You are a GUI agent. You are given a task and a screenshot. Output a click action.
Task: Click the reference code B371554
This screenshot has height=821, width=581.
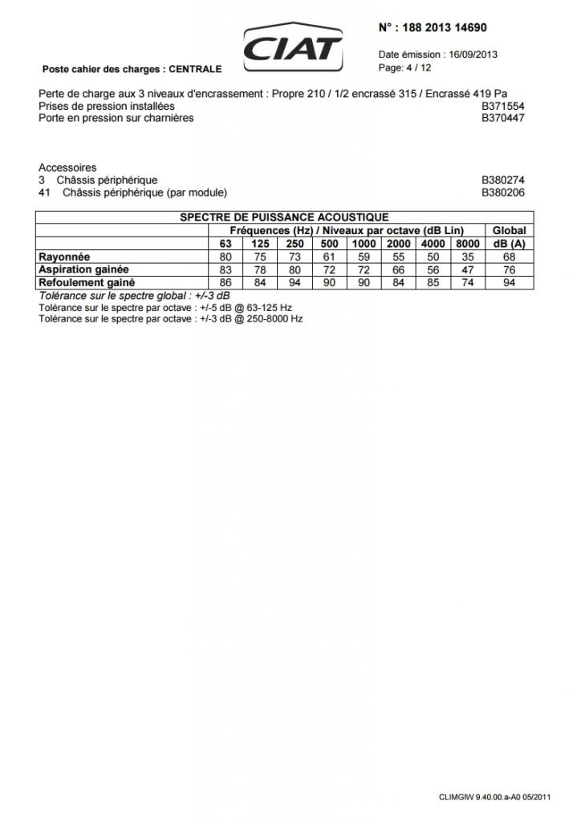(503, 106)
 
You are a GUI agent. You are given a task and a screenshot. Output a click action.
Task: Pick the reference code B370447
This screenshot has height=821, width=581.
(503, 118)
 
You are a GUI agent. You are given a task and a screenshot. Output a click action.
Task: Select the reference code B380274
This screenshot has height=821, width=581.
(503, 180)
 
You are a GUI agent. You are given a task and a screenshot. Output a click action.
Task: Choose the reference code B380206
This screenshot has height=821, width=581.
(503, 192)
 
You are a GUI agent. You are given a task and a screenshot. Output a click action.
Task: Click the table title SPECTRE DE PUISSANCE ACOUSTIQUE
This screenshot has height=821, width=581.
(284, 217)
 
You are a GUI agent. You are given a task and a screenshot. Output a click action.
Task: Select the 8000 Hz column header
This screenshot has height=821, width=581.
(466, 244)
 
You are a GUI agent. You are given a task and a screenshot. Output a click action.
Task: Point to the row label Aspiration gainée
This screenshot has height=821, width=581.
(84, 269)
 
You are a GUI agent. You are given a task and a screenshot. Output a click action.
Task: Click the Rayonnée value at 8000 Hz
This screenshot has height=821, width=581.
(466, 257)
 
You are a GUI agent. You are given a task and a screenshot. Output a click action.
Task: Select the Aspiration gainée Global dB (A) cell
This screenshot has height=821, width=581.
(509, 269)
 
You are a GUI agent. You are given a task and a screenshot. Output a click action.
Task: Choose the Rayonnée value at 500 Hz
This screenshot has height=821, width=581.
(329, 257)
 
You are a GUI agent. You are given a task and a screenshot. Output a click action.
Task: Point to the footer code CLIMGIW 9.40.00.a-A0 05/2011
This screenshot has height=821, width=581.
(494, 797)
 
